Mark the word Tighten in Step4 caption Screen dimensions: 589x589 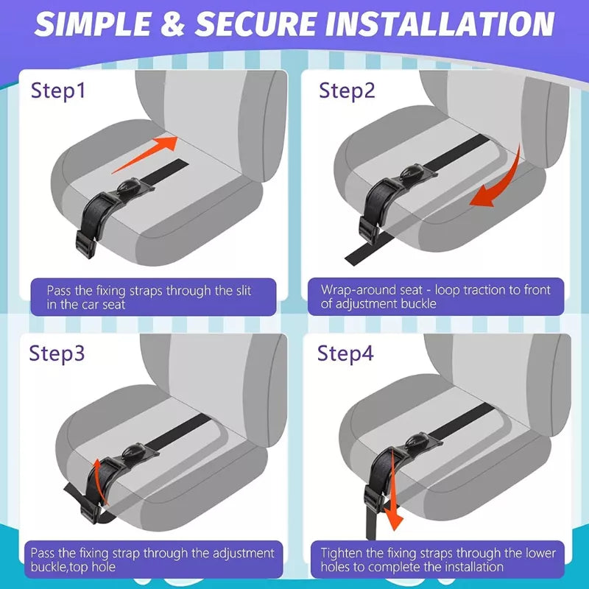click(x=343, y=553)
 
